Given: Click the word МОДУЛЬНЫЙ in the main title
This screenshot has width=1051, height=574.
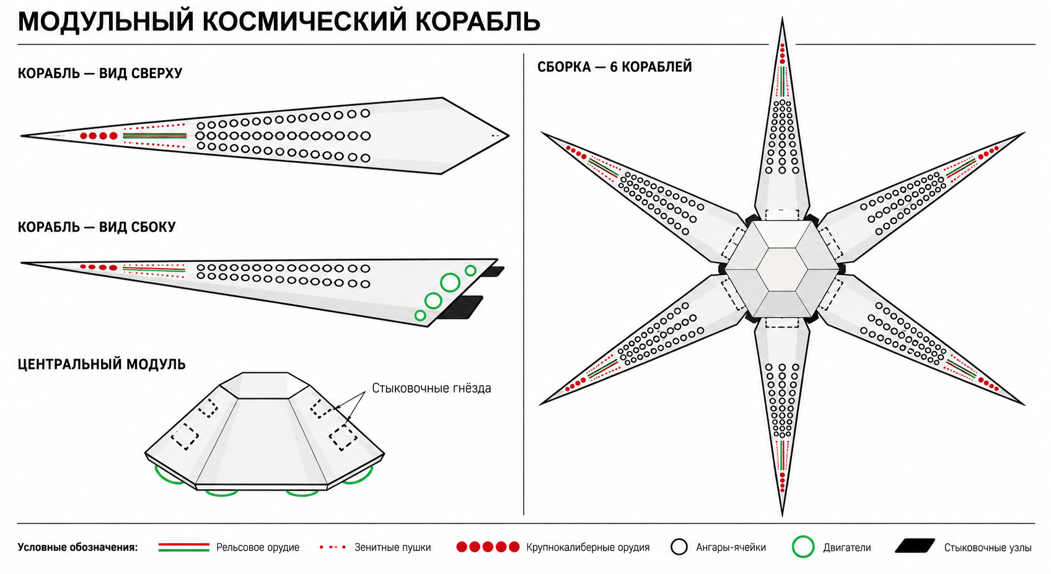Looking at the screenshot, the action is [x=105, y=22].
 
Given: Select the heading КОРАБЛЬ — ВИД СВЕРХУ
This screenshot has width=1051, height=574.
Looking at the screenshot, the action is [x=100, y=73].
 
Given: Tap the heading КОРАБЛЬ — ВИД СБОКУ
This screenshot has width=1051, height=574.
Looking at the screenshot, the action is [x=97, y=227].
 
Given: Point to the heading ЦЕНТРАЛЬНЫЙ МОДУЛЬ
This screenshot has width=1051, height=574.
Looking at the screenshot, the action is [x=102, y=364].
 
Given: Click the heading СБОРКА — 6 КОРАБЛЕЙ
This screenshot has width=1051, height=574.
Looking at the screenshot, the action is [x=615, y=67].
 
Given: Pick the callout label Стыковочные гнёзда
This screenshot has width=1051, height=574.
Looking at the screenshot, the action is [x=432, y=388].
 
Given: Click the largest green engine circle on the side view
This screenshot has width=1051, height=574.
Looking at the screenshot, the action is [x=450, y=282].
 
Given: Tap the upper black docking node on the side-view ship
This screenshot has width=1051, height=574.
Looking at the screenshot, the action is [x=494, y=272].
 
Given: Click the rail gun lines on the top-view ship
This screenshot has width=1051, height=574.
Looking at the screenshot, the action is [x=155, y=136].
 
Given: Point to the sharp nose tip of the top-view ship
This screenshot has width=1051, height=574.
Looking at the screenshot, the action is [x=22, y=136].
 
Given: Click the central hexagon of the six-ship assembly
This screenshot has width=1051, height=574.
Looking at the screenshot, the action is [x=781, y=269].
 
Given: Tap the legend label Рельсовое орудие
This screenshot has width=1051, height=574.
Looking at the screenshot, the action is [x=258, y=547].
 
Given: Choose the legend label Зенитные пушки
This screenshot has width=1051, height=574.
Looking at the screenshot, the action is [x=392, y=547].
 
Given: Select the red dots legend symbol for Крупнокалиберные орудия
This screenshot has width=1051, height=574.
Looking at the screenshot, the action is [x=488, y=547].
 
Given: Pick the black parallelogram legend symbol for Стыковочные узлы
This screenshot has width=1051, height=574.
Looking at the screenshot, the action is [x=915, y=546].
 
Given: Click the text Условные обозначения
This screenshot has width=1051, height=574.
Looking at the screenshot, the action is [x=78, y=547].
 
